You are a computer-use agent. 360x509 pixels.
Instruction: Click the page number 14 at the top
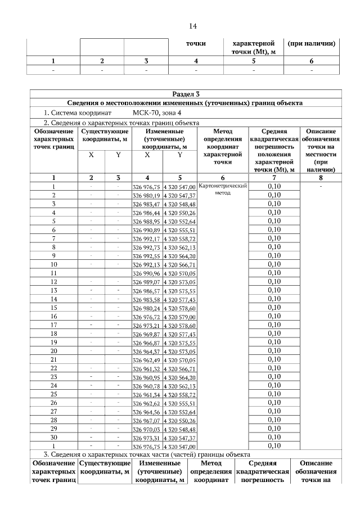pos(192,26)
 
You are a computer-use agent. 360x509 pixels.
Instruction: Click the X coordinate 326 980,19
pos(146,195)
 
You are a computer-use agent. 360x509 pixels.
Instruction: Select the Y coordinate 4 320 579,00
pos(179,317)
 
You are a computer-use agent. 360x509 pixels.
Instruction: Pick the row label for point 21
pos(54,359)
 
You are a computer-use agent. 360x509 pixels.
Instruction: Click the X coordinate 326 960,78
pos(146,386)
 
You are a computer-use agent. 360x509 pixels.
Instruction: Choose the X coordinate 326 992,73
pos(146,247)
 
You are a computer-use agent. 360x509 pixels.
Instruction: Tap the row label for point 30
pos(54,437)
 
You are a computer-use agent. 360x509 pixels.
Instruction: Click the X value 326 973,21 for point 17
pos(146,326)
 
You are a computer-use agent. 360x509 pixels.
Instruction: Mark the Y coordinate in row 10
pos(179,265)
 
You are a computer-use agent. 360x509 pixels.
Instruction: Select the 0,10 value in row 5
pos(274,221)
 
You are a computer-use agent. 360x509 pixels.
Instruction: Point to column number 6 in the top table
pos(312,61)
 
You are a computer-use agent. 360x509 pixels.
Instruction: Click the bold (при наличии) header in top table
pos(312,43)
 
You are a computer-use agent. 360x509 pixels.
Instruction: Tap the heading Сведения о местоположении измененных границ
pos(185,103)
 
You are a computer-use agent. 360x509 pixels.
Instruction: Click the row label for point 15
pos(54,308)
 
